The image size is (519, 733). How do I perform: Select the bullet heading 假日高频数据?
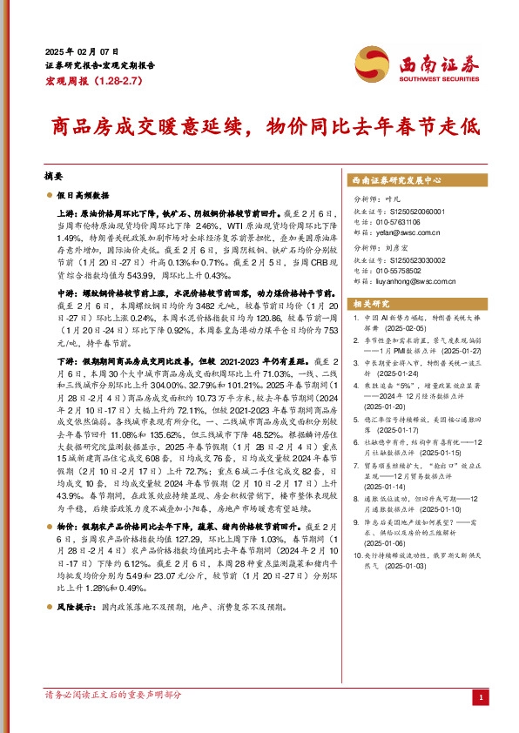click(x=86, y=196)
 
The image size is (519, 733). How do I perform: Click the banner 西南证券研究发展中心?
click(x=397, y=180)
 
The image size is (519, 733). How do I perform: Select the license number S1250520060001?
click(x=413, y=212)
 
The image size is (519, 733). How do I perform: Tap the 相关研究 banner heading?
click(x=371, y=303)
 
